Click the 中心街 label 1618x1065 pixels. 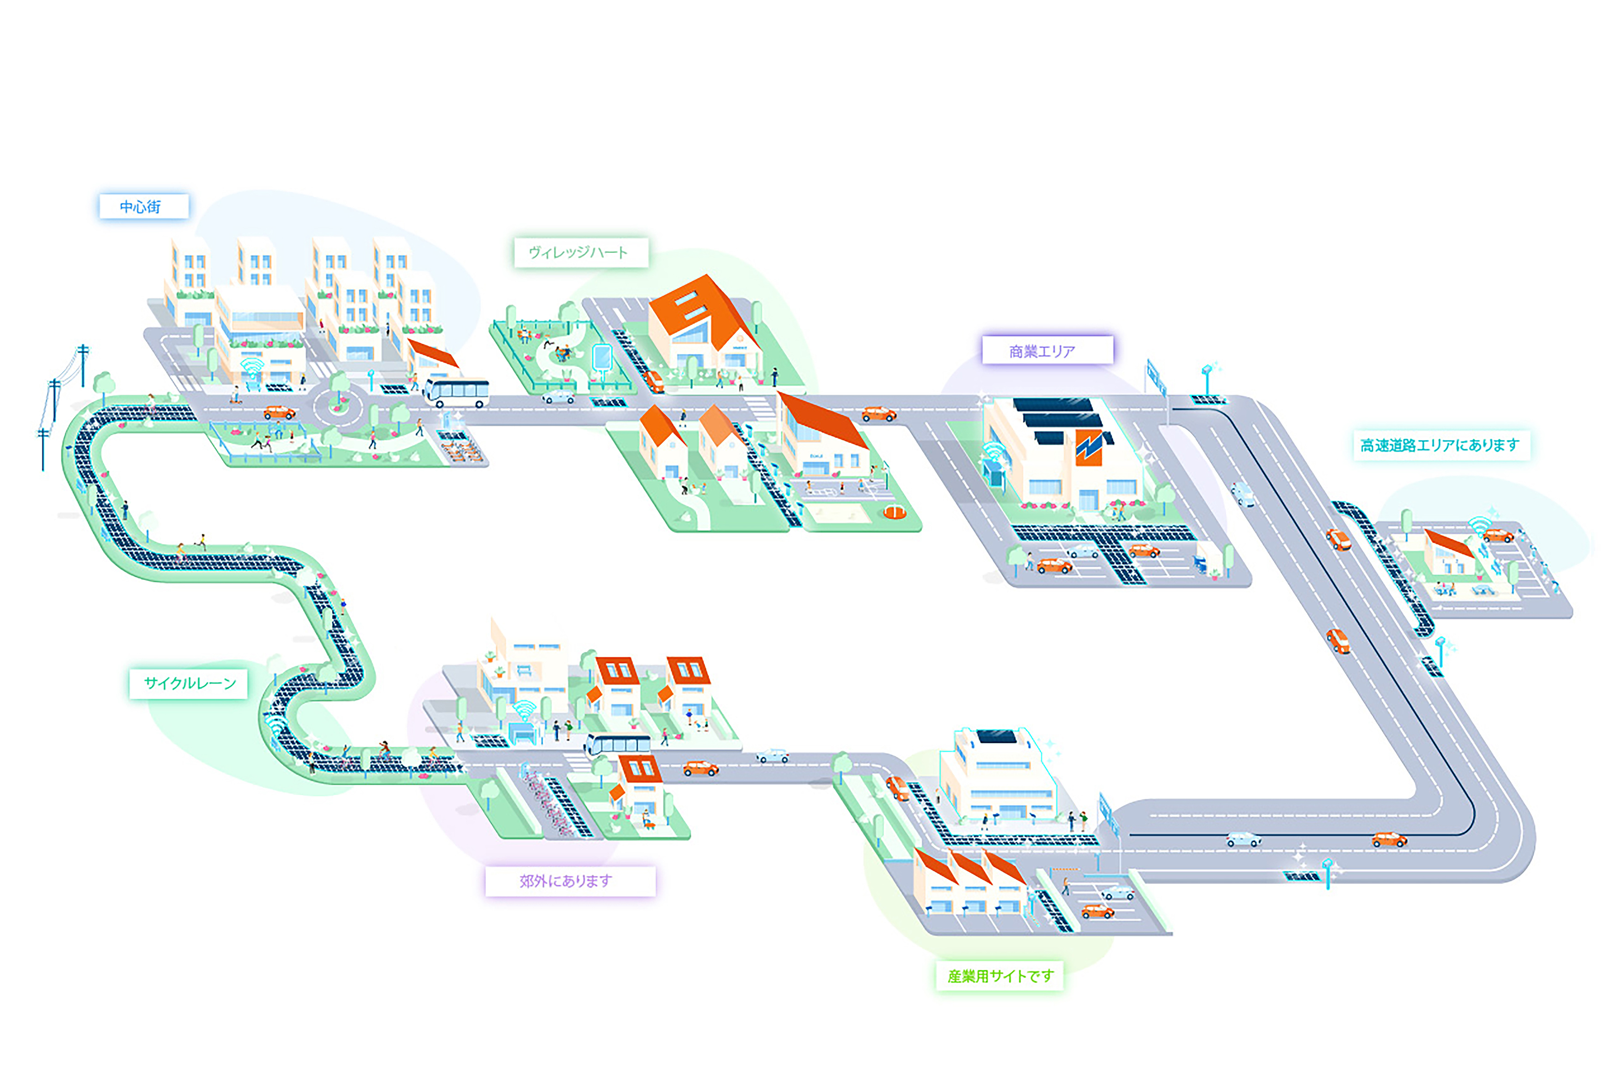pyautogui.click(x=143, y=207)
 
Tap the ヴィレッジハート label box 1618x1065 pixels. pyautogui.click(x=580, y=253)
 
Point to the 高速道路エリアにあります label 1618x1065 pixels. pyautogui.click(x=1440, y=445)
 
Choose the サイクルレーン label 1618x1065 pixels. pyautogui.click(x=189, y=683)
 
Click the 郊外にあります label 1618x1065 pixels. pyautogui.click(x=569, y=881)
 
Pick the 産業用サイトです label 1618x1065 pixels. pyautogui.click(x=999, y=976)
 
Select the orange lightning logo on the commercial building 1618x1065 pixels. pyautogui.click(x=1089, y=447)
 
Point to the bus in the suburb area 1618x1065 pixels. pyautogui.click(x=616, y=745)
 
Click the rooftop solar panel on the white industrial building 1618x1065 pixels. pyautogui.click(x=997, y=737)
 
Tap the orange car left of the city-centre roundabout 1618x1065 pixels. pyautogui.click(x=279, y=412)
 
